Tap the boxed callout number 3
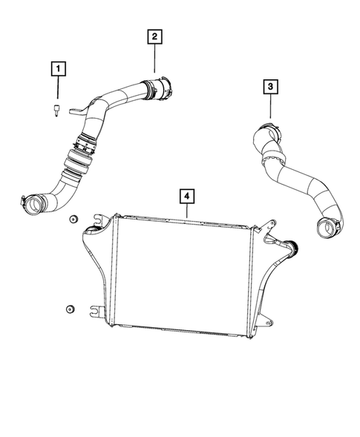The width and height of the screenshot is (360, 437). pyautogui.click(x=271, y=88)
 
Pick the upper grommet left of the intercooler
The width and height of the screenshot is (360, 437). pyautogui.click(x=73, y=220)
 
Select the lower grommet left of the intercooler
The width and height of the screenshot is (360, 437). pyautogui.click(x=68, y=308)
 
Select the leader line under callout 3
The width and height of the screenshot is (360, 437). pyautogui.click(x=271, y=108)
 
